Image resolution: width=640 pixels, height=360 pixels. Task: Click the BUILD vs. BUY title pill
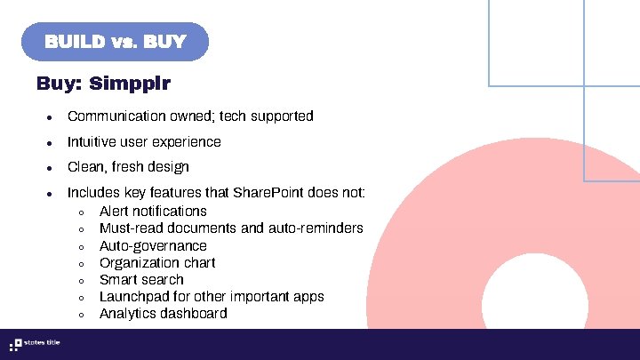116,42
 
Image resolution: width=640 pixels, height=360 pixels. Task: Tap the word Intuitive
92,142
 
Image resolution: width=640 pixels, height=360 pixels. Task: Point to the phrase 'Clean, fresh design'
128,167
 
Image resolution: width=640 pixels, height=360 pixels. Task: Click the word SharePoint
268,193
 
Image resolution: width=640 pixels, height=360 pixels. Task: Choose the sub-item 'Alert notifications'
153,211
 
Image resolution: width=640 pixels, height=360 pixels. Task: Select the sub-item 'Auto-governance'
153,245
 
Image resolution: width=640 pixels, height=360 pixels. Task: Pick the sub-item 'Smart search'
141,279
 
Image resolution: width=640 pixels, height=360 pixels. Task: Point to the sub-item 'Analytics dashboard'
164,314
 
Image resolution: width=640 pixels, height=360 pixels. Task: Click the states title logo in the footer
34,344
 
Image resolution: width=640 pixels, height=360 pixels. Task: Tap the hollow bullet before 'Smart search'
81,281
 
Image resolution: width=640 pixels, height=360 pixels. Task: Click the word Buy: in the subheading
60,84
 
